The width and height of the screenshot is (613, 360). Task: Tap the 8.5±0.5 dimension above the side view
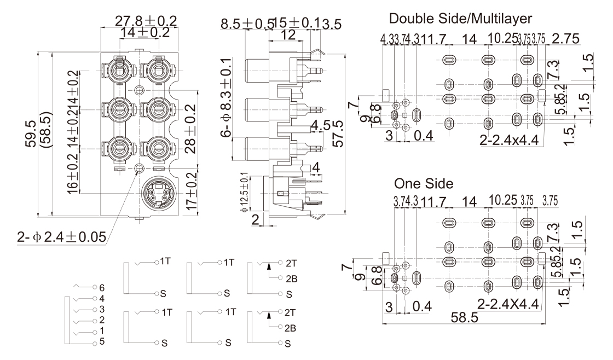coord(247,25)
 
